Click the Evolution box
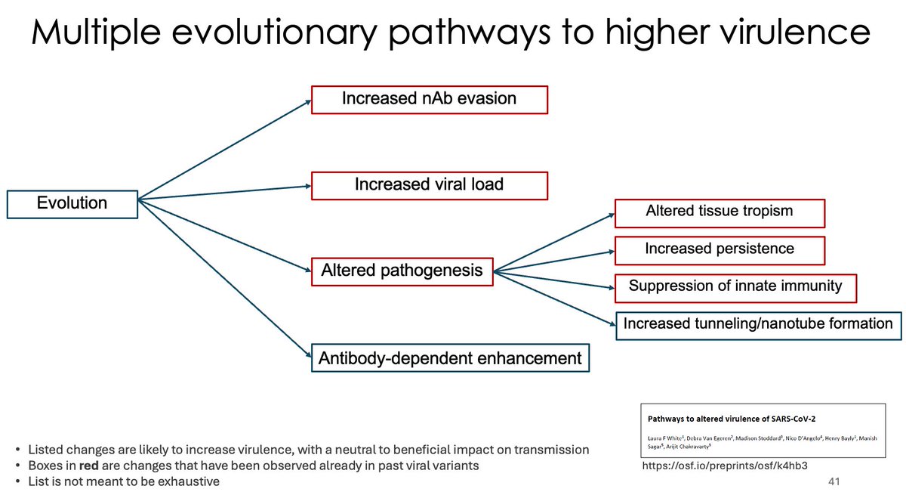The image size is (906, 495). click(x=72, y=203)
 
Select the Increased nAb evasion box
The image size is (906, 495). click(x=429, y=99)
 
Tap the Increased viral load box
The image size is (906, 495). click(x=429, y=184)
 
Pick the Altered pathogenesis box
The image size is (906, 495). click(x=402, y=271)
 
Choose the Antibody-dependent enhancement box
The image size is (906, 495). click(x=450, y=357)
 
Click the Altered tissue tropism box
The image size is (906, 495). click(x=720, y=212)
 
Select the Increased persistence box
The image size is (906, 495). click(x=720, y=249)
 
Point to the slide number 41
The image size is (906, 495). click(x=834, y=481)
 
